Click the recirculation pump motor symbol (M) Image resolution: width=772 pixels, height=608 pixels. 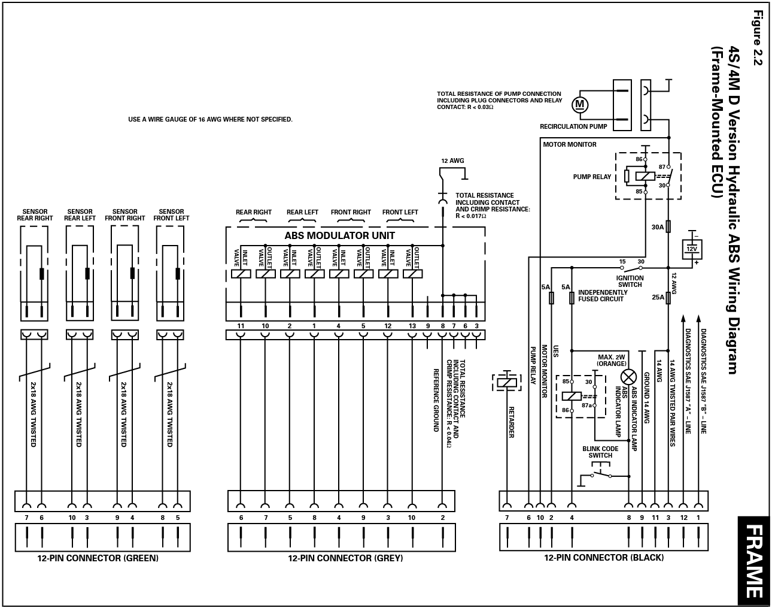[579, 105]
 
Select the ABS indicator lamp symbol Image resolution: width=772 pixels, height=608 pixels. [629, 377]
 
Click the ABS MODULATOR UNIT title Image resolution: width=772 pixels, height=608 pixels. [339, 235]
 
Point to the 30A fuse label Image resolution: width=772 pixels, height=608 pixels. [657, 227]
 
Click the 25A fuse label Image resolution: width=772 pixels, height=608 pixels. [657, 297]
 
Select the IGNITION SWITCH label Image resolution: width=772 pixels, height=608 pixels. [630, 281]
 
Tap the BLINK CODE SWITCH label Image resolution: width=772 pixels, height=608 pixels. [600, 452]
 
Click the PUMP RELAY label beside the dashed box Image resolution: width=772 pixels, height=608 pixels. [592, 177]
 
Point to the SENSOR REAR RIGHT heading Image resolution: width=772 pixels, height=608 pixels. [35, 215]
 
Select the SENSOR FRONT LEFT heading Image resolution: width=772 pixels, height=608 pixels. [171, 215]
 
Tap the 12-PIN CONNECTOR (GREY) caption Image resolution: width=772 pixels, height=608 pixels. [345, 558]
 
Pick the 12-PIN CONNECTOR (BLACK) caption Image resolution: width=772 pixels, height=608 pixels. [603, 558]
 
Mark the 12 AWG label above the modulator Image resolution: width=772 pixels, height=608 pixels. [452, 161]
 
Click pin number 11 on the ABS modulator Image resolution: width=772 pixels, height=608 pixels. [241, 326]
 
